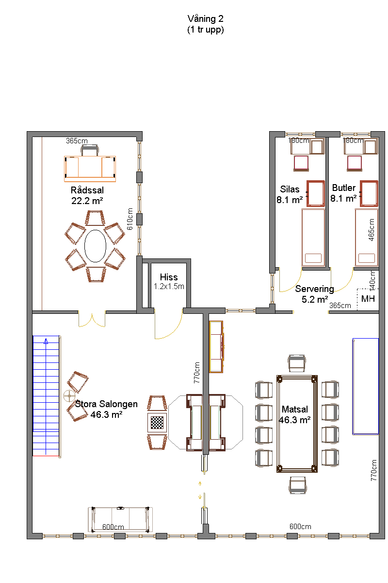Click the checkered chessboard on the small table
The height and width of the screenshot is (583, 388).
click(157, 422)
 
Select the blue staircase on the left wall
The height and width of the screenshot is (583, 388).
click(47, 396)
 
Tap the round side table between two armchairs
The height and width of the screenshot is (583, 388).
click(70, 396)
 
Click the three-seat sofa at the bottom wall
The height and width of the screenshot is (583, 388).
click(120, 519)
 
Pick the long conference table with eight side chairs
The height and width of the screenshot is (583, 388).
click(297, 423)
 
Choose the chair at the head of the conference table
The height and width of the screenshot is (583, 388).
click(297, 363)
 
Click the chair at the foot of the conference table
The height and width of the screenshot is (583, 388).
click(297, 485)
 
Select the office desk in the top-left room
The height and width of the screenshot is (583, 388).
click(90, 169)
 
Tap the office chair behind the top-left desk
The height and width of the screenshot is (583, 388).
click(90, 150)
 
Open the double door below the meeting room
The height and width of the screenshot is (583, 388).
click(92, 319)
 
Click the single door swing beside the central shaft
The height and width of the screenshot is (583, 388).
click(167, 325)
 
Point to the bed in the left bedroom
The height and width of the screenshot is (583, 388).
click(313, 238)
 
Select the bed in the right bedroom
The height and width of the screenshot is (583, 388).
click(367, 238)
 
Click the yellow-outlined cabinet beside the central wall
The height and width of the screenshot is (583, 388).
click(216, 346)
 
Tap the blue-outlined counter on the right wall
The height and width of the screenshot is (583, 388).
click(365, 386)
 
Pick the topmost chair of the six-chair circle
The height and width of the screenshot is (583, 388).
click(95, 218)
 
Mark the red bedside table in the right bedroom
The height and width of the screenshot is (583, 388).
click(369, 193)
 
